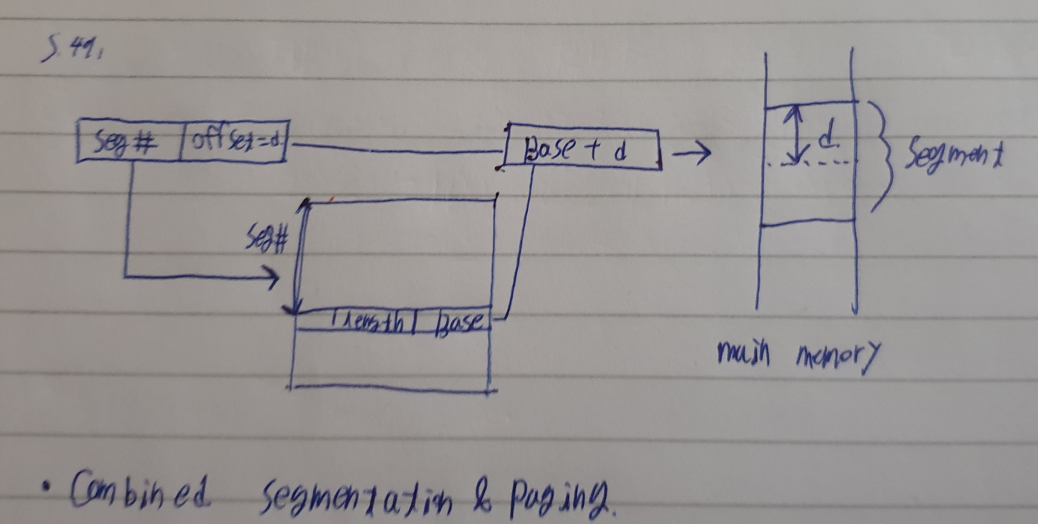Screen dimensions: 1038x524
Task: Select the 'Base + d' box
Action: point(583,150)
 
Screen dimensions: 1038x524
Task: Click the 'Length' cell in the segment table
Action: point(367,320)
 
